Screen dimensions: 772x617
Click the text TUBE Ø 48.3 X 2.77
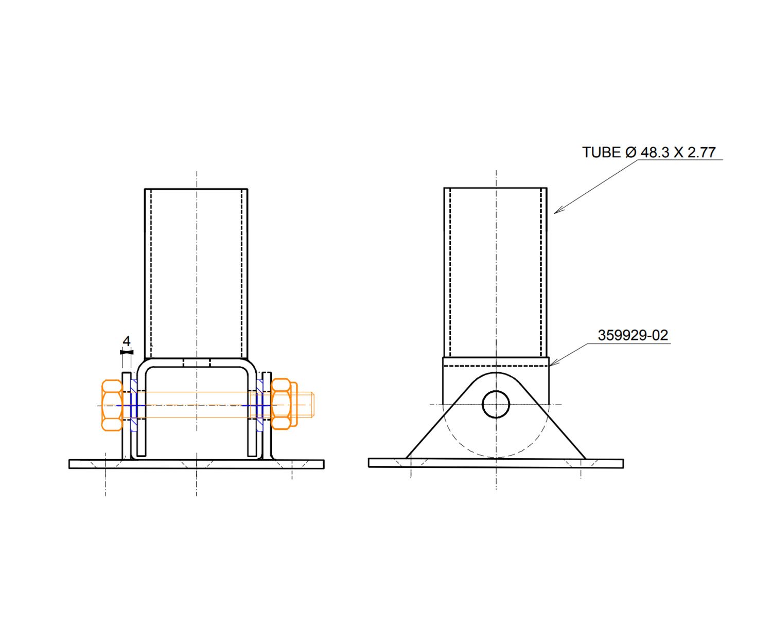click(x=648, y=152)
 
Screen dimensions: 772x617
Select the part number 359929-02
click(x=633, y=335)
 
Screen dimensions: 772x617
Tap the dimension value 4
click(x=126, y=341)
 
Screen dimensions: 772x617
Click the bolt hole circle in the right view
click(x=496, y=405)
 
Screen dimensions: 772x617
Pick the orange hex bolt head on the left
click(x=112, y=405)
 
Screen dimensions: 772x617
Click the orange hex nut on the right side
click(x=281, y=404)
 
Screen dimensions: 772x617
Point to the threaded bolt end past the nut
click(x=306, y=405)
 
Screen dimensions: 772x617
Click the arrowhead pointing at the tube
click(x=559, y=210)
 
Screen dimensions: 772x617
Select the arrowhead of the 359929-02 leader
click(x=554, y=362)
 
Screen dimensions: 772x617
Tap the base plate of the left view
click(x=197, y=464)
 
